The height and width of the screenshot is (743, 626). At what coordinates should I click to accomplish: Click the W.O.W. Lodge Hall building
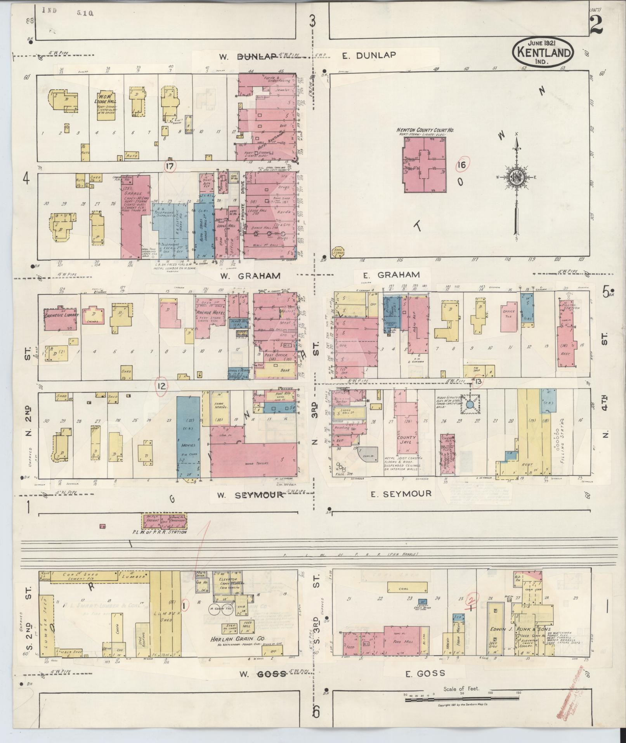point(106,105)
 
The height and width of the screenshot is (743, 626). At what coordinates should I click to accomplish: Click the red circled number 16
point(461,165)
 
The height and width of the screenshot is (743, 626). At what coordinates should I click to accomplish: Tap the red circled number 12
point(161,386)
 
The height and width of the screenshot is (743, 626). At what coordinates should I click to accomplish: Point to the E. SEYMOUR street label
point(401,494)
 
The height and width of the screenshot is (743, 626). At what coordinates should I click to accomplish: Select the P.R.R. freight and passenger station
point(165,521)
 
